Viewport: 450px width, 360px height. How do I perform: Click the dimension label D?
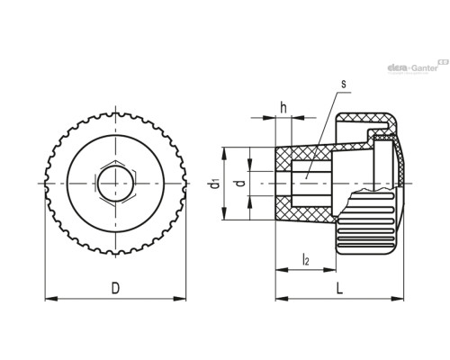click(115, 288)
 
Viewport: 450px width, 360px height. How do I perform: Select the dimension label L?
click(339, 289)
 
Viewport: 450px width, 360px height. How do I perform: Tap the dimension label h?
click(283, 107)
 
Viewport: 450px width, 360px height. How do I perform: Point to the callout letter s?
click(344, 85)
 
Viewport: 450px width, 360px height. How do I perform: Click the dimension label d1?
click(215, 184)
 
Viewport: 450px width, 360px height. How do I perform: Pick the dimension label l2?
click(305, 259)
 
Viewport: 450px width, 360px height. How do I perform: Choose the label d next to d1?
click(241, 183)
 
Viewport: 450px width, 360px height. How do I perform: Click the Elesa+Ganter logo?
click(418, 67)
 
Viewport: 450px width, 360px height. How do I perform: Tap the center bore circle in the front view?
click(116, 184)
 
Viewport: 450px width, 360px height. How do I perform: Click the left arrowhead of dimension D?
click(51, 299)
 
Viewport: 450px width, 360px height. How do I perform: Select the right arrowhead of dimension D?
click(180, 299)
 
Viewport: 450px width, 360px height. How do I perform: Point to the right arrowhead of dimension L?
click(398, 299)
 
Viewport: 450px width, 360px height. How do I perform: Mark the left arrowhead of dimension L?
click(282, 299)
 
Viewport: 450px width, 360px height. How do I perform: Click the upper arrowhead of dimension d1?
click(224, 153)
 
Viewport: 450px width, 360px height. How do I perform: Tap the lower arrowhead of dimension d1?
click(224, 214)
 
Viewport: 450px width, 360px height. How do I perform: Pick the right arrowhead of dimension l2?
click(329, 270)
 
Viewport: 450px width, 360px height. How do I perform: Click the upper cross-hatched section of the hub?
click(303, 155)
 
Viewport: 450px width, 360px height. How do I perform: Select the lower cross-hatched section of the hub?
click(303, 212)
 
